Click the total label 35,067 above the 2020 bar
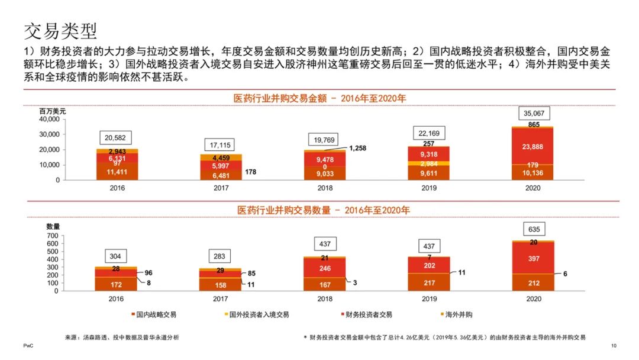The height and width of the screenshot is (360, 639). pyautogui.click(x=534, y=113)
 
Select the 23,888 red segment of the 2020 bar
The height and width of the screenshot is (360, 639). pyautogui.click(x=534, y=146)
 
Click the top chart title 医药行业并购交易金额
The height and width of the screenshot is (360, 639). pyautogui.click(x=319, y=98)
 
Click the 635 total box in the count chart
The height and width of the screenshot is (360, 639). pyautogui.click(x=534, y=229)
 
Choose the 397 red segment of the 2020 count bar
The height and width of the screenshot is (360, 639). pyautogui.click(x=534, y=259)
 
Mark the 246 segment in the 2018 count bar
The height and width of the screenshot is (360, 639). pyautogui.click(x=324, y=268)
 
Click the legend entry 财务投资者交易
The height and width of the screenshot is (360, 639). pyautogui.click(x=368, y=314)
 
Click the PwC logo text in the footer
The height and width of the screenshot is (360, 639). pyautogui.click(x=28, y=345)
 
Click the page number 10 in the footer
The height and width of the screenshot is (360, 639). pyautogui.click(x=614, y=345)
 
